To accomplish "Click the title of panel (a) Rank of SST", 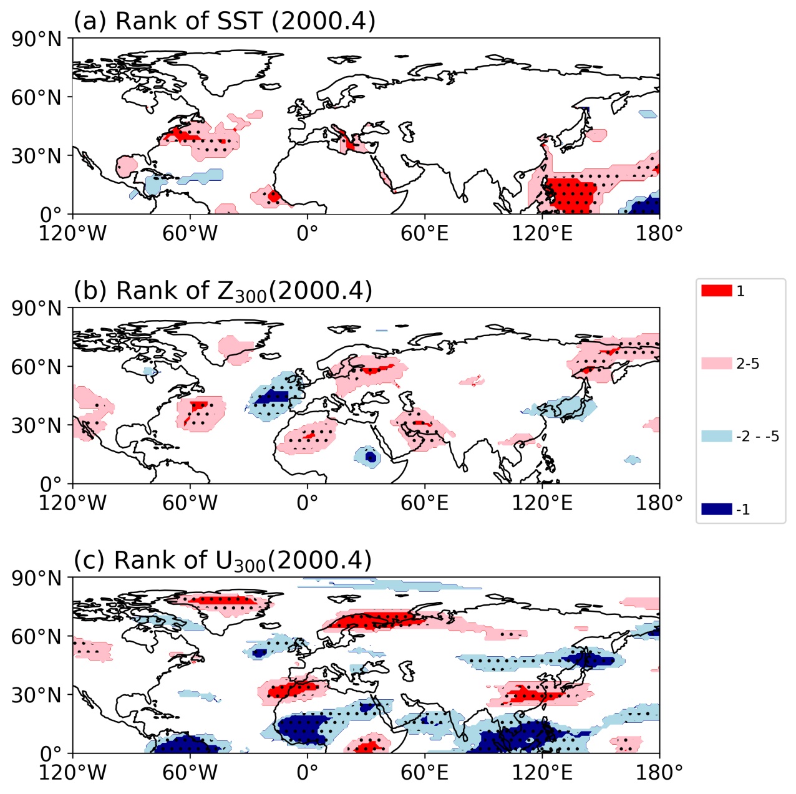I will (x=225, y=21).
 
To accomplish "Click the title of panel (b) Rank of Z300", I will (x=223, y=291).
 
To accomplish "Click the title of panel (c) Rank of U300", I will (x=222, y=561).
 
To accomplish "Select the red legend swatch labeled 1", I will (x=716, y=291).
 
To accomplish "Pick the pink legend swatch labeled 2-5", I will (x=716, y=364).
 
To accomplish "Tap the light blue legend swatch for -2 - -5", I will (x=716, y=436).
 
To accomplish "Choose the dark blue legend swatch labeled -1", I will (x=716, y=509).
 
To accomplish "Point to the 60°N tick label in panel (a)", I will (x=37, y=97).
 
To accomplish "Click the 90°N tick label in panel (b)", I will (x=37, y=309).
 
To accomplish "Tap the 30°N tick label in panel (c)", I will (x=37, y=695).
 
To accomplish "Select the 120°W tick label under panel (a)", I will (x=72, y=233).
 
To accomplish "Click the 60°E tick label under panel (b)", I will (x=424, y=503).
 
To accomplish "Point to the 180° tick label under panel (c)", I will (x=659, y=773).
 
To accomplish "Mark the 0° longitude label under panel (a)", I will (x=307, y=233).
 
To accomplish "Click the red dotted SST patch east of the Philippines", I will (x=573, y=195).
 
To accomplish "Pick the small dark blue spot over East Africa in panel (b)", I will (x=371, y=457).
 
